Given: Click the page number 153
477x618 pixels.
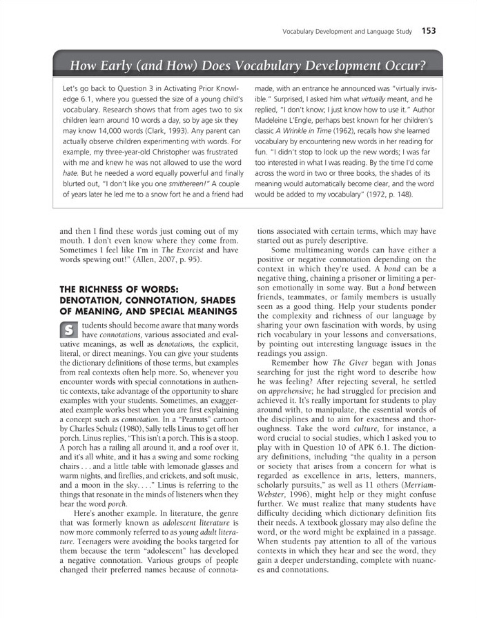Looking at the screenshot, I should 428,30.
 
